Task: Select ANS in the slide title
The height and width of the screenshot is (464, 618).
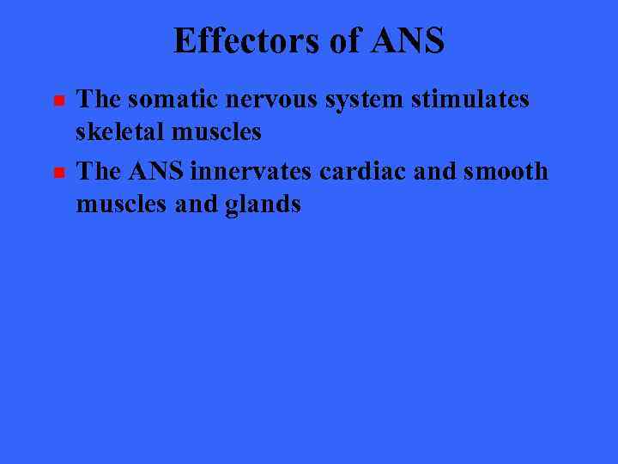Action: coord(409,40)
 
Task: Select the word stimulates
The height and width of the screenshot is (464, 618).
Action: coord(471,100)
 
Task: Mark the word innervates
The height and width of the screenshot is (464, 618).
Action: coord(253,172)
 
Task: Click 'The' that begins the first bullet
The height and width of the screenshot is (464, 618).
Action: coord(98,100)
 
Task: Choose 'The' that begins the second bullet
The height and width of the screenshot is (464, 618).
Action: coord(98,172)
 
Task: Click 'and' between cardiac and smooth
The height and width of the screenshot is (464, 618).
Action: coord(432,172)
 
